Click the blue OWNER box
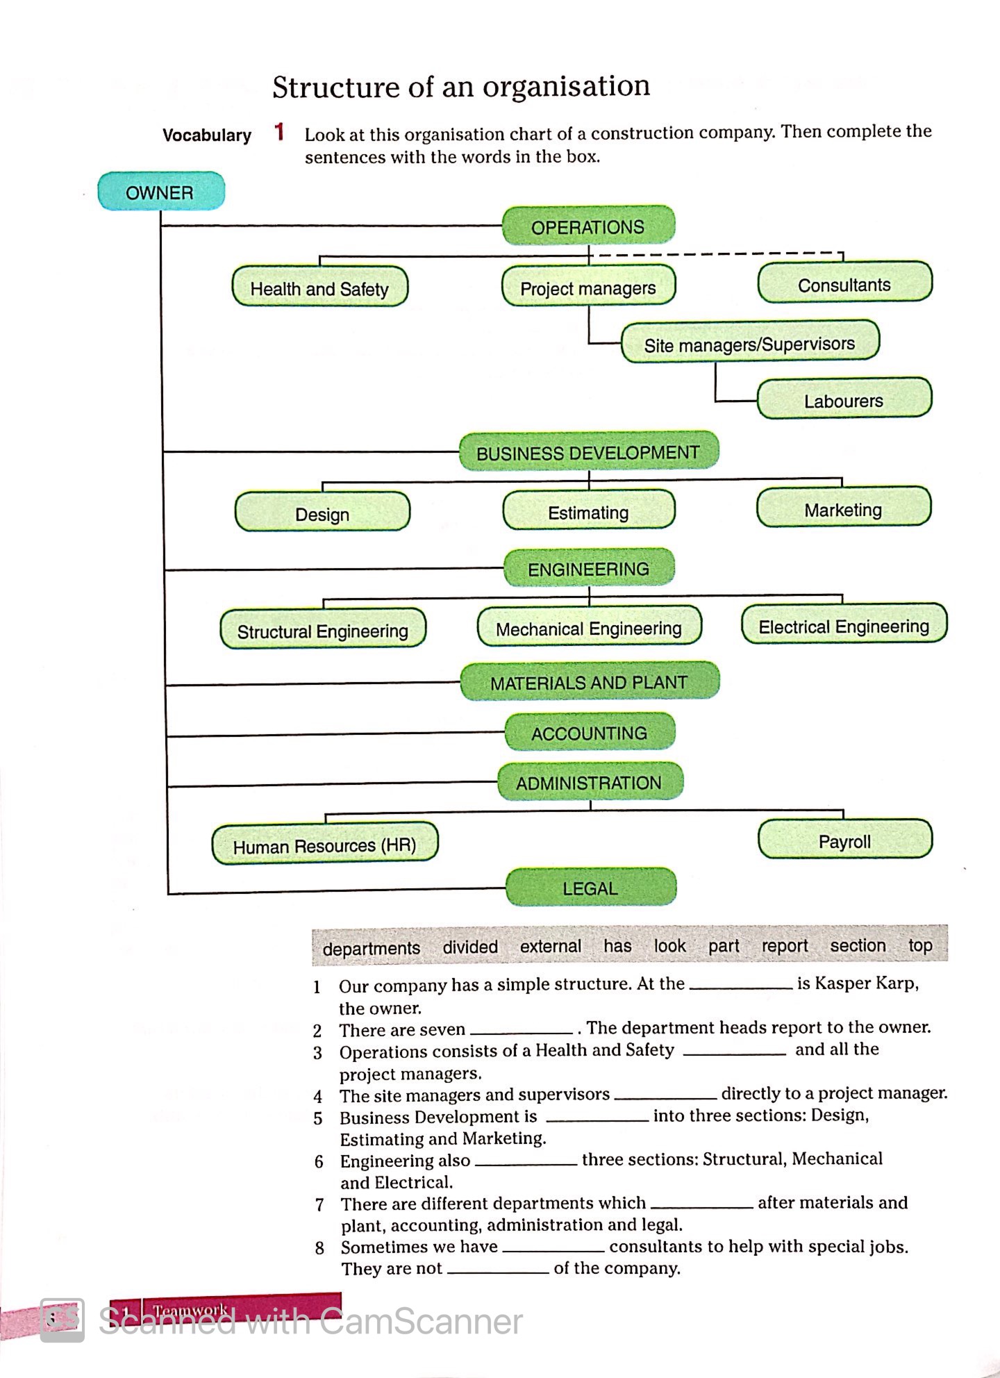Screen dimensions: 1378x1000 (160, 192)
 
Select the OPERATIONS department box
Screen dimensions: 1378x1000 (587, 226)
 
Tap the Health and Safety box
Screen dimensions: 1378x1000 (319, 288)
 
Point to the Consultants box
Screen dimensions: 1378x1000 (844, 283)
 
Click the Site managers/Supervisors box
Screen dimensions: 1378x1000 (749, 343)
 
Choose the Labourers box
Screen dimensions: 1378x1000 (843, 400)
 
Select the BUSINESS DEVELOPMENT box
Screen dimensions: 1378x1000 (587, 452)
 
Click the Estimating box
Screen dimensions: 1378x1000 (588, 512)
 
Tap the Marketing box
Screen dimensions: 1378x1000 (842, 509)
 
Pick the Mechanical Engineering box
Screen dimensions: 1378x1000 (588, 628)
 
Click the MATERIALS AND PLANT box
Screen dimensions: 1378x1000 (589, 682)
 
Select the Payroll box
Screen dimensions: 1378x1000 (844, 841)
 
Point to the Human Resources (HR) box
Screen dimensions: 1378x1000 (324, 845)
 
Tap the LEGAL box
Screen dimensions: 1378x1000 (590, 888)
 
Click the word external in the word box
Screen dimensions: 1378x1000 (550, 946)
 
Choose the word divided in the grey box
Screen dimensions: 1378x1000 (470, 947)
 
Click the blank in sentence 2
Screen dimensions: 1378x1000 (521, 1029)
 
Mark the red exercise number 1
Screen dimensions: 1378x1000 (279, 131)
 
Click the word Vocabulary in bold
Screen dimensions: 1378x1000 (206, 135)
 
